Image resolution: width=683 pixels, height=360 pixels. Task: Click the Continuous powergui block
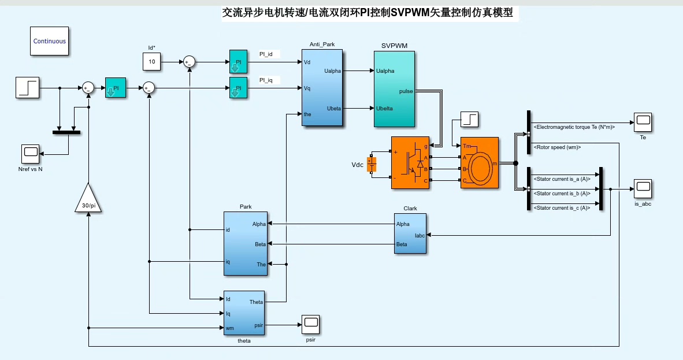[50, 41]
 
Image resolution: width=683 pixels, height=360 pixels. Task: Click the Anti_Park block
[322, 87]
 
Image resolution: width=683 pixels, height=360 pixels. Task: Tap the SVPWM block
[394, 88]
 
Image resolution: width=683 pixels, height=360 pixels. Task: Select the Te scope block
[643, 121]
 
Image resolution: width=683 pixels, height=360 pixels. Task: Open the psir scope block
[310, 324]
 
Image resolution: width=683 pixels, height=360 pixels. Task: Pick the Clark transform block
[410, 233]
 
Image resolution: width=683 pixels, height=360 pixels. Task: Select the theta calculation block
[244, 313]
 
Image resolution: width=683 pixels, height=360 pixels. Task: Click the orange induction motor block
[479, 162]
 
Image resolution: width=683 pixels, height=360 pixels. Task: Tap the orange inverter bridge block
[411, 162]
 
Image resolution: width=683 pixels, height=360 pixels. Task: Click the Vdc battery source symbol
[372, 164]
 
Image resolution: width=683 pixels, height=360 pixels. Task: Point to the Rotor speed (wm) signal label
[557, 147]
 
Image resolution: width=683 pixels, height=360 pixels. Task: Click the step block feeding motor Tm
[470, 120]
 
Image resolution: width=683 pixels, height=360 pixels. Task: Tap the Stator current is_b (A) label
[562, 194]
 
